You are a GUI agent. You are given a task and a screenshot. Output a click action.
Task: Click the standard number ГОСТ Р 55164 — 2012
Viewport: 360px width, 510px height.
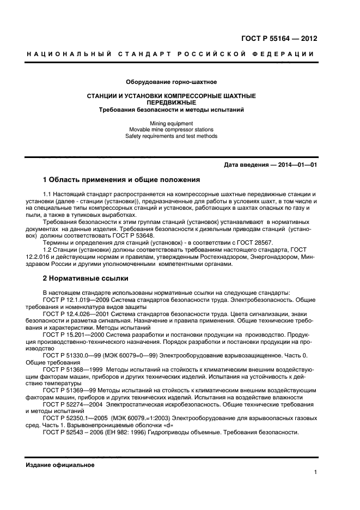point(278,39)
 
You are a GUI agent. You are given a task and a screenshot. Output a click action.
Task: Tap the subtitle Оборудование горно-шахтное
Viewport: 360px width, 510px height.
point(172,82)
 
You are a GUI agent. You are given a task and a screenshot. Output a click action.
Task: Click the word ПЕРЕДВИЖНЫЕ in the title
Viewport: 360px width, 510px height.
point(172,102)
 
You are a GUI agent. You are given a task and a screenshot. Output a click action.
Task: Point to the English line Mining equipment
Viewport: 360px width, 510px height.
point(172,123)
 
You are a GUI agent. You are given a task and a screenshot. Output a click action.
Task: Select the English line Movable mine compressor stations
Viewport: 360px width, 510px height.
point(172,130)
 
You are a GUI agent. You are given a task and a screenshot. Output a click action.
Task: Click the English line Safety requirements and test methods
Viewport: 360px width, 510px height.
point(172,136)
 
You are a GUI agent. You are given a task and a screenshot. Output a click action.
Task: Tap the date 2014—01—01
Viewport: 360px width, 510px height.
point(295,166)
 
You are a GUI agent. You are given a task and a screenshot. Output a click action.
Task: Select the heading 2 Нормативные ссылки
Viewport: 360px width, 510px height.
point(86,278)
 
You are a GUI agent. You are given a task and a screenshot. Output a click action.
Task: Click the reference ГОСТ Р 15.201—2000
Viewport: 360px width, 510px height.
point(71,337)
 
